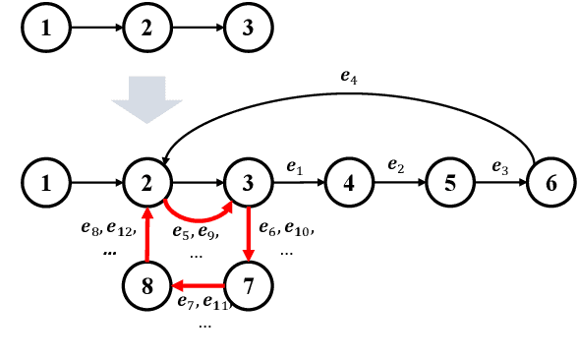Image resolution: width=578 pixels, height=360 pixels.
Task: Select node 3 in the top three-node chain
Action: (250, 28)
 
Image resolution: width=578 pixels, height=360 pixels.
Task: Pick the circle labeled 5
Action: (451, 182)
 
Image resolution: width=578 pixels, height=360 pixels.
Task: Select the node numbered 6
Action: (550, 182)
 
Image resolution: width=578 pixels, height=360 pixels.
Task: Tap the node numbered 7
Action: (250, 286)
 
